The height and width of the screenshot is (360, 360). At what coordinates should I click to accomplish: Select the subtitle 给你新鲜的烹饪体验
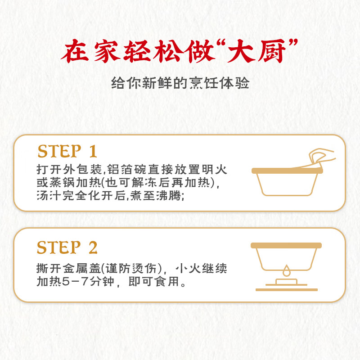click(180, 84)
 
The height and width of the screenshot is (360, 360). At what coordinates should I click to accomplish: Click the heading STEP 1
click(67, 152)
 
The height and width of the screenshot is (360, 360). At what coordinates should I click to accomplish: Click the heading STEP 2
click(67, 247)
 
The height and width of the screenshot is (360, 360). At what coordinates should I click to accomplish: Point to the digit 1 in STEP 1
click(93, 152)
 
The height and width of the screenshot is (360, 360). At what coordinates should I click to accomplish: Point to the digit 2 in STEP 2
click(93, 247)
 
